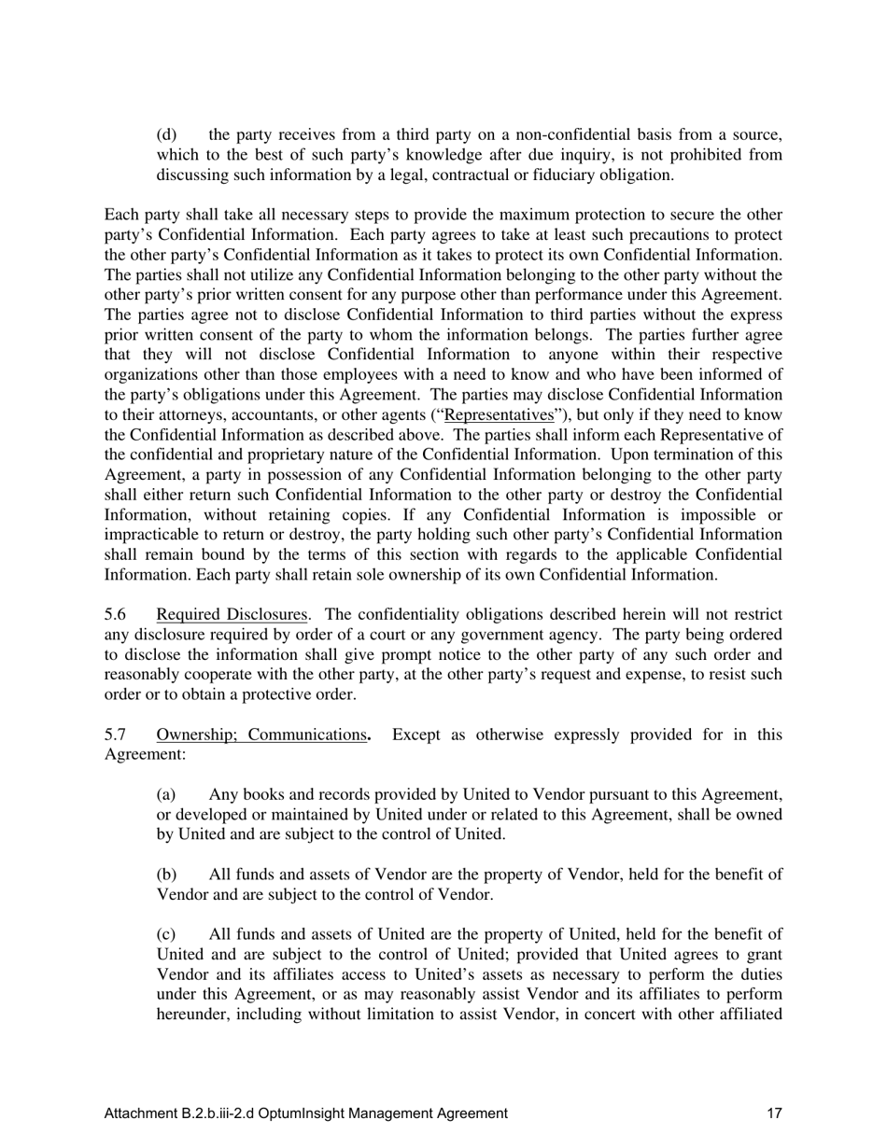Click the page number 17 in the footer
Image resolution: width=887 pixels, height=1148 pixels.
pos(774,1113)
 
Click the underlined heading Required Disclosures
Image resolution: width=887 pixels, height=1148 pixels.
pos(232,614)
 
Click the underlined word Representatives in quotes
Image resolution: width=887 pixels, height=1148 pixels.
pos(499,415)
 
